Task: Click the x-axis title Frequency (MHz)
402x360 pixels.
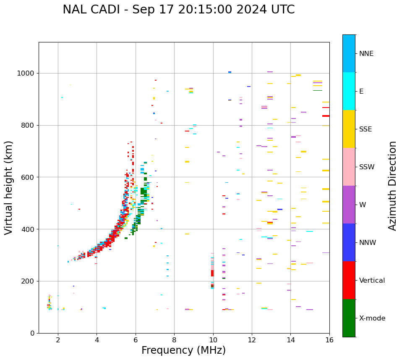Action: (x=183, y=350)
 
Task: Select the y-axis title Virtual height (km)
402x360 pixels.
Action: (x=9, y=187)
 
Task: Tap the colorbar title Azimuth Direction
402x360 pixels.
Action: (x=392, y=186)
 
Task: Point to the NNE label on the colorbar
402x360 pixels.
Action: (x=366, y=54)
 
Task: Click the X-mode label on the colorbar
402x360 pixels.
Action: (x=372, y=318)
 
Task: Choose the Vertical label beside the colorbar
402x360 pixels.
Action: (x=372, y=281)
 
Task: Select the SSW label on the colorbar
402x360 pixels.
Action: (x=367, y=167)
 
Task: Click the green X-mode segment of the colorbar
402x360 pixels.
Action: (x=349, y=318)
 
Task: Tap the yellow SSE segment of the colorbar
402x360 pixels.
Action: (x=349, y=129)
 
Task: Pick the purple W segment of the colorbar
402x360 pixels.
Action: (x=349, y=205)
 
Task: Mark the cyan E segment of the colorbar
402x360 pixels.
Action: (x=349, y=91)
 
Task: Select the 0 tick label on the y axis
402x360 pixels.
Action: (x=33, y=334)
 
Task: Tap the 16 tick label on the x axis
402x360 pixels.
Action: (x=329, y=340)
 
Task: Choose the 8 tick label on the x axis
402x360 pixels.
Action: (x=174, y=340)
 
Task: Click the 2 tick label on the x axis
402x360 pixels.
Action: (x=58, y=340)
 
